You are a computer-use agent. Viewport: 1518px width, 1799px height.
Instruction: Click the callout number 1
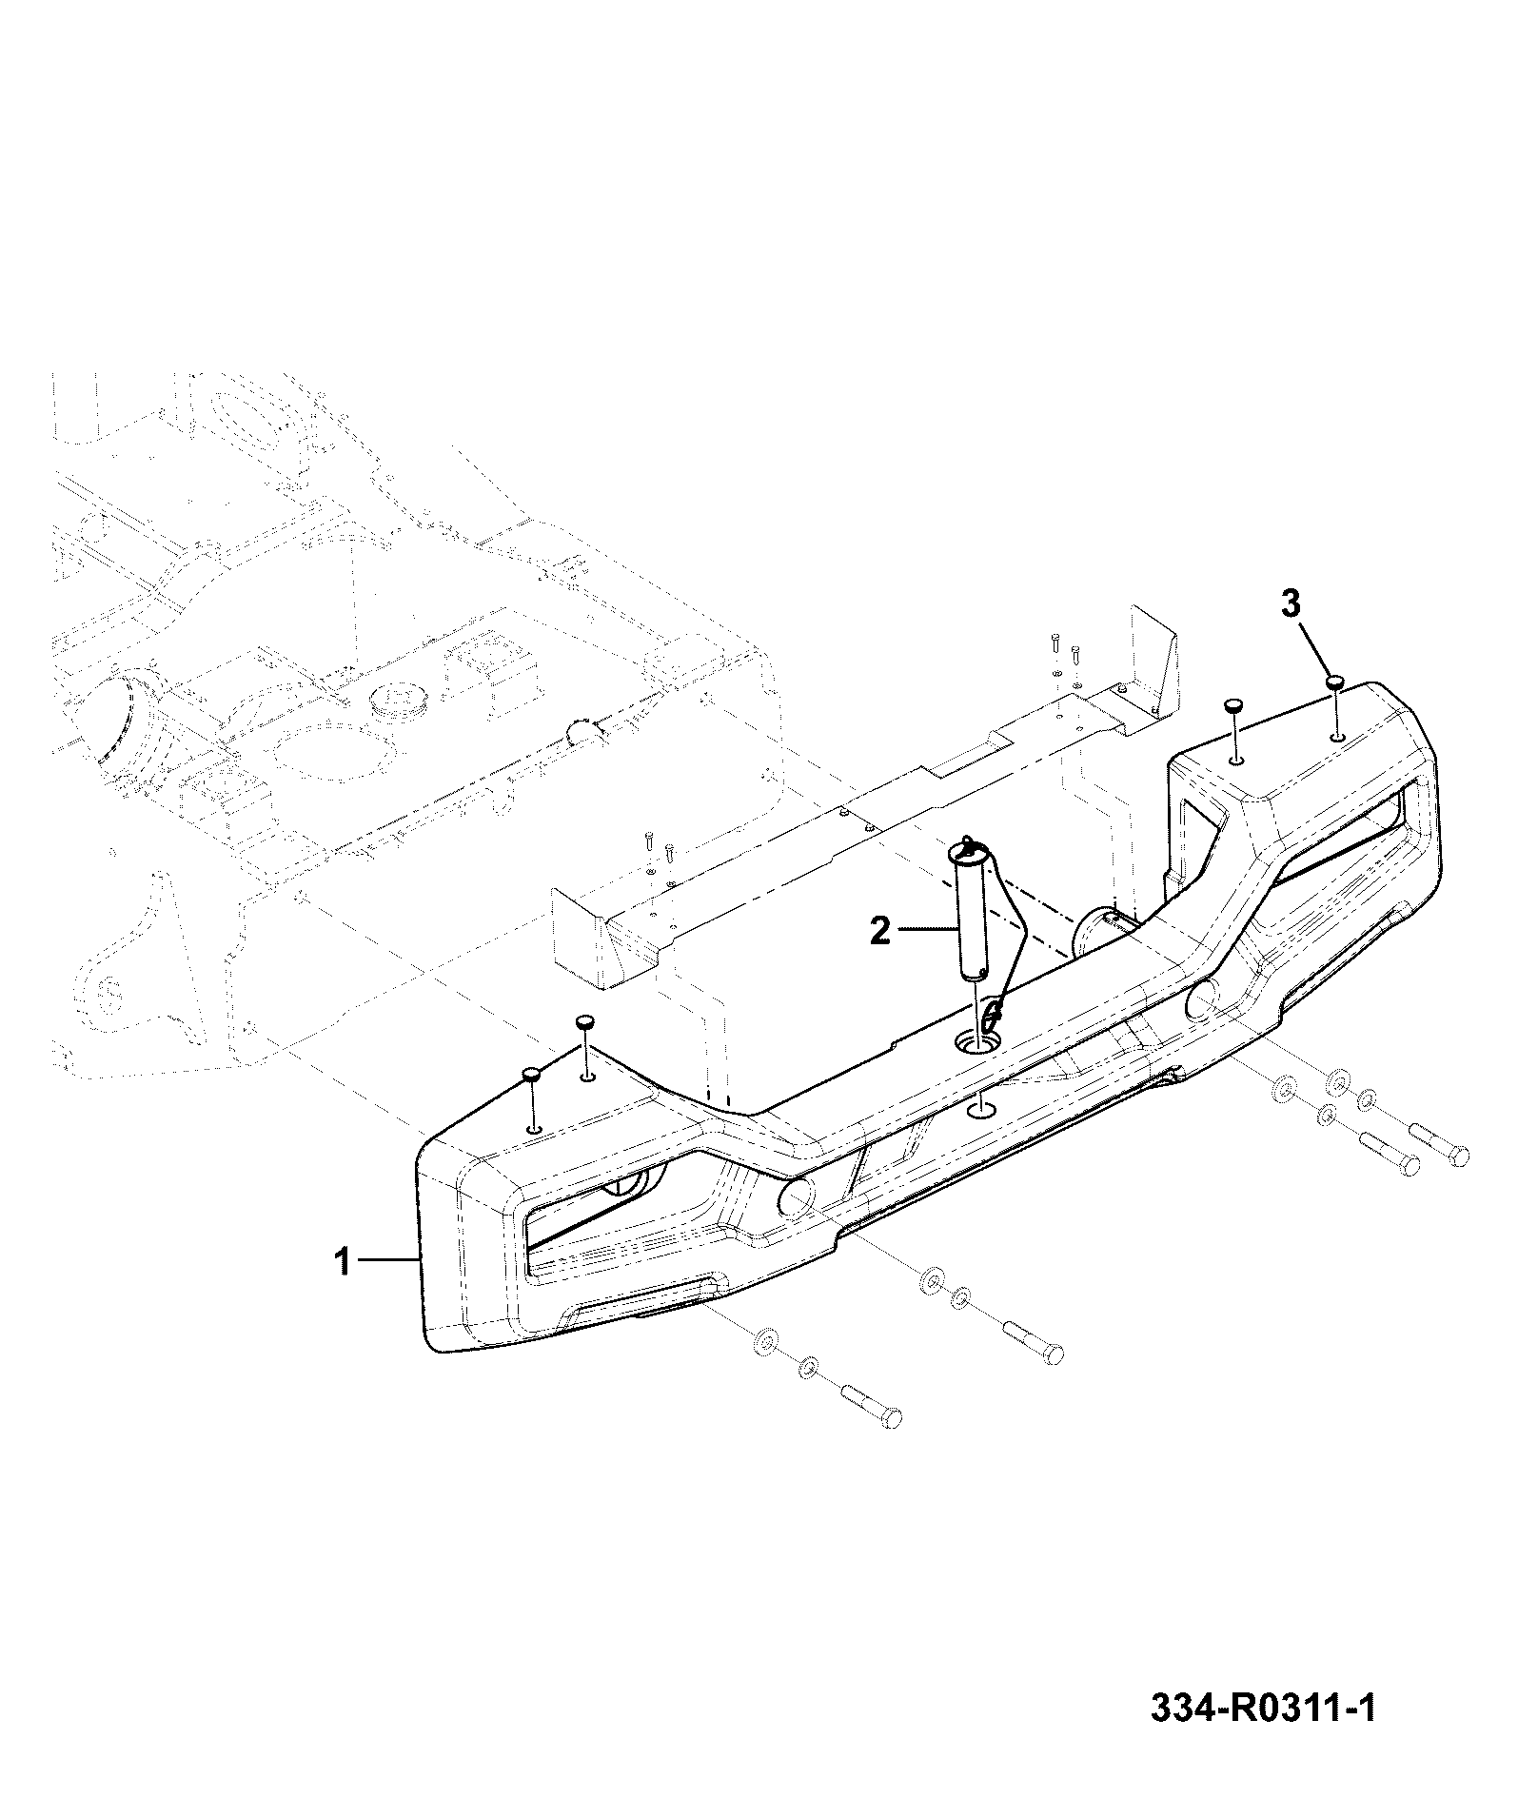[x=343, y=1263]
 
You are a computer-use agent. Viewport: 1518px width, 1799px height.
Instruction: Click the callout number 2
[x=880, y=930]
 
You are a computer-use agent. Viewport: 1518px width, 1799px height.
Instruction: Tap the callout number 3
[x=1290, y=604]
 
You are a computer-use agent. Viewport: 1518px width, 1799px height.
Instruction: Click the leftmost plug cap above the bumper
[x=531, y=1075]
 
